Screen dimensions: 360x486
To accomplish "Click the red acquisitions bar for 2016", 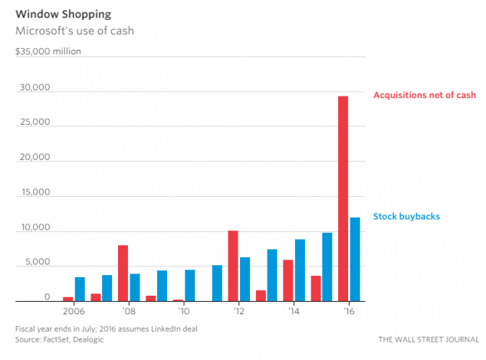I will coord(343,199).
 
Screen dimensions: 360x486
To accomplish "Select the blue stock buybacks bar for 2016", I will coord(355,260).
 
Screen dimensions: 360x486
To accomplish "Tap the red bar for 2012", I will coord(233,266).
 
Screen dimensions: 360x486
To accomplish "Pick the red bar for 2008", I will coord(123,273).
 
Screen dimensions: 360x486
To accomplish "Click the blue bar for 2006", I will coord(80,290).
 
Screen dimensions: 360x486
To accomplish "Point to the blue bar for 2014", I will coord(300,270).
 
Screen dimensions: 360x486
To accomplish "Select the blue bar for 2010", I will coord(189,286).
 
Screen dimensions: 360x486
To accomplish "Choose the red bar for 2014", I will coord(288,280).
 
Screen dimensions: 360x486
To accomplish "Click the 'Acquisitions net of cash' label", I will coord(424,95).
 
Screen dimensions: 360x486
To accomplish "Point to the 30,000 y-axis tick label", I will coord(33,87).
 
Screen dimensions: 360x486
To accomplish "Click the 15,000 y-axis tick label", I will coord(33,193).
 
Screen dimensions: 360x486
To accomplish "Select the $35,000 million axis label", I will coord(48,52).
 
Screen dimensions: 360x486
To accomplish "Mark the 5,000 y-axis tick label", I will coord(35,263).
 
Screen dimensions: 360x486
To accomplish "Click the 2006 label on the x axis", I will coord(74,313).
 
